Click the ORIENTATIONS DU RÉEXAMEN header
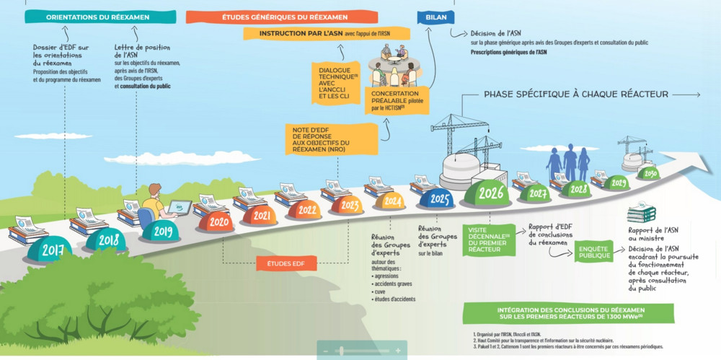[x=101, y=17]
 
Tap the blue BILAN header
[x=430, y=17]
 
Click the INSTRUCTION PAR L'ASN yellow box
[x=326, y=33]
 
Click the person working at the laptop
[x=155, y=204]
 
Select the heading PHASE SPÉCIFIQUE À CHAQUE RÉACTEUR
[x=575, y=94]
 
